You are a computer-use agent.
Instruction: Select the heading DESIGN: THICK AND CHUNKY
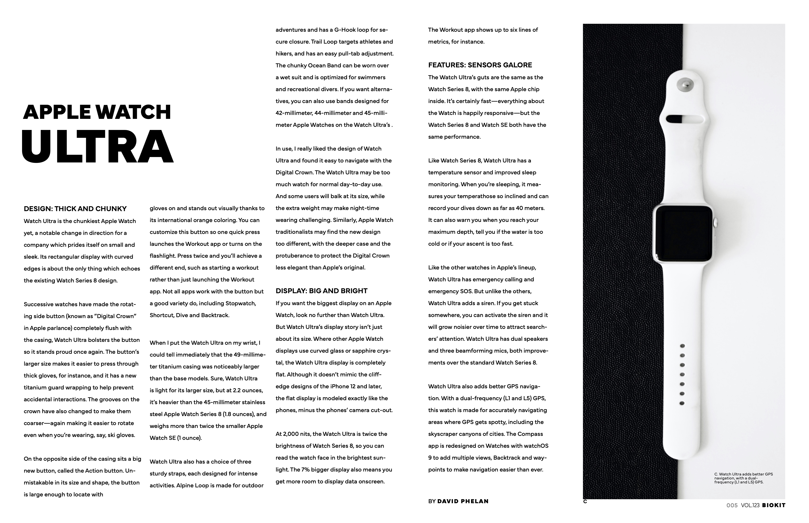pos(75,209)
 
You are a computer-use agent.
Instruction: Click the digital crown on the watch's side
pos(716,223)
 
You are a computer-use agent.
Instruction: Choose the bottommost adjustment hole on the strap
pos(682,403)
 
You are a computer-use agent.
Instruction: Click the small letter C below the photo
pos(585,501)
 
